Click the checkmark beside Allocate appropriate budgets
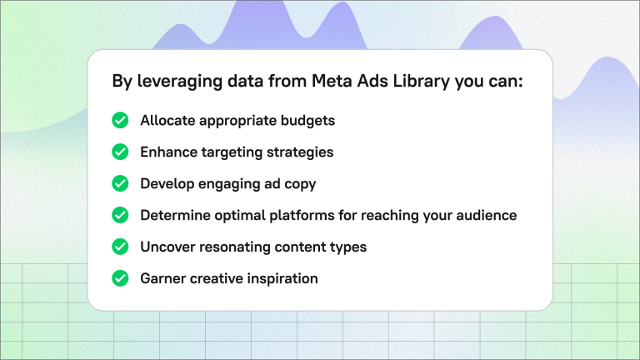click(x=120, y=121)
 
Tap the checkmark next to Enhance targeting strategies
click(x=120, y=152)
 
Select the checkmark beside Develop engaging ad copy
click(x=120, y=183)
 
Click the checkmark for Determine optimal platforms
click(x=120, y=215)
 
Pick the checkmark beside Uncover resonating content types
click(x=120, y=247)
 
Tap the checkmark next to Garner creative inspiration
click(x=120, y=278)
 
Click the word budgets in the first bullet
click(x=307, y=121)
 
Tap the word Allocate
click(x=168, y=121)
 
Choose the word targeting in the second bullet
click(x=236, y=152)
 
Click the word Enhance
click(x=169, y=152)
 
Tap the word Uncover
click(x=168, y=247)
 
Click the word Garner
click(x=164, y=278)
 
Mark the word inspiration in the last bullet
click(x=283, y=278)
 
